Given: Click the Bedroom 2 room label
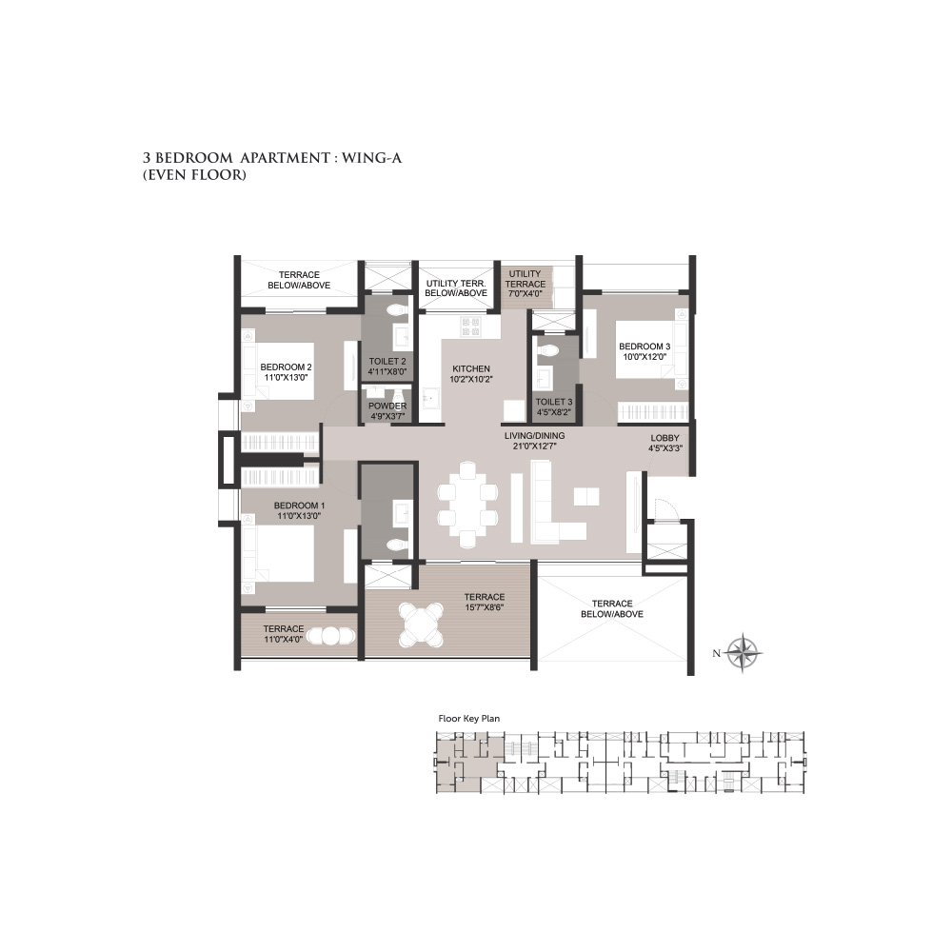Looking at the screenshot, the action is click(286, 367).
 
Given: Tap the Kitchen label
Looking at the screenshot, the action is click(471, 368).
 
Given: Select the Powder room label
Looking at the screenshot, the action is click(387, 406).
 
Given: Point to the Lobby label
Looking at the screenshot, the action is click(664, 438).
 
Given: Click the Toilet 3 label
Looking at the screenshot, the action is click(554, 402).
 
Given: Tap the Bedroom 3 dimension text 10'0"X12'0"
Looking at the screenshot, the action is click(645, 356).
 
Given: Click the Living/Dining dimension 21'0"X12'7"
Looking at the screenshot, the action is click(534, 446).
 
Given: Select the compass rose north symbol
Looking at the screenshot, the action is click(744, 653).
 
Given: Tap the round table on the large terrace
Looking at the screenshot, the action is click(423, 625).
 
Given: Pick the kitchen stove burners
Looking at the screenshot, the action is click(470, 327).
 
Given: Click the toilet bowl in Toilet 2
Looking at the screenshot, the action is click(398, 309).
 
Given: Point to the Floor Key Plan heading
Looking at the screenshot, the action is click(468, 718).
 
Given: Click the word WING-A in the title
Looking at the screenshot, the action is click(371, 158).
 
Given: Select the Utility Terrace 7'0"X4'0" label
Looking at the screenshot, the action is click(526, 284).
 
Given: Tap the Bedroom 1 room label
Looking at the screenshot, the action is click(299, 506).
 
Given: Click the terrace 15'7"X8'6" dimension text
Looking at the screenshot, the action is click(484, 607).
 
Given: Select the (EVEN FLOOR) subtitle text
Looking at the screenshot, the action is click(194, 175).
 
